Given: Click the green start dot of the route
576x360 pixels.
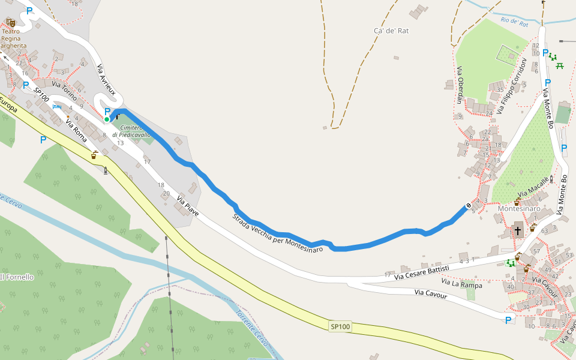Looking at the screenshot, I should (107, 119).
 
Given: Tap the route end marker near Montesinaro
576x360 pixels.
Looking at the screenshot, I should (469, 206).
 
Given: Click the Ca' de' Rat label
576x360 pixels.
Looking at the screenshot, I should (391, 31).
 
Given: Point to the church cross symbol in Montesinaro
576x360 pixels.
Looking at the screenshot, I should (517, 230).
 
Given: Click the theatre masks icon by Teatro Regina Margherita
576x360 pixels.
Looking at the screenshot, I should (11, 22).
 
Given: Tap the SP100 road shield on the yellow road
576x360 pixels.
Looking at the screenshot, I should (340, 326).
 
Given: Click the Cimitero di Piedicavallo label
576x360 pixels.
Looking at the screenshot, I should (131, 131).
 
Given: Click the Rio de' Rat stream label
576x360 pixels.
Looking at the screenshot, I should (514, 23).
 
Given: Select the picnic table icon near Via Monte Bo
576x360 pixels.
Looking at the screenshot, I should (560, 65).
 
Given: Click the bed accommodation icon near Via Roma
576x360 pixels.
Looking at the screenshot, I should (56, 106).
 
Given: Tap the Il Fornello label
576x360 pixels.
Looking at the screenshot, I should (17, 277).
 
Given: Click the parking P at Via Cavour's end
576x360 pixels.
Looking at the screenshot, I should (508, 320).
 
